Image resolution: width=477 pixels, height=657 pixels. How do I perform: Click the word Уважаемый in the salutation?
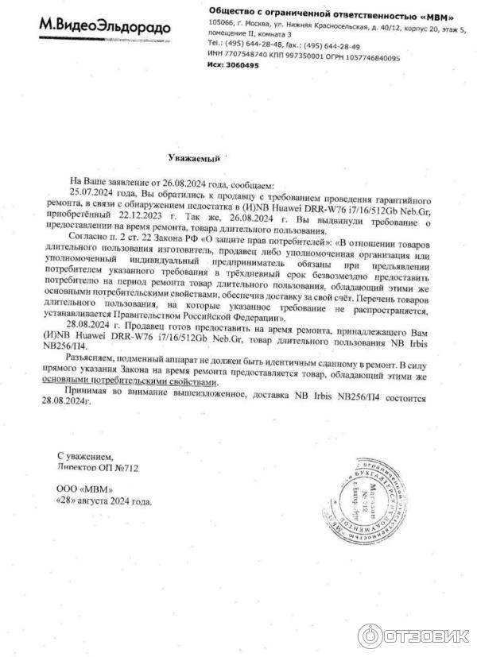194,159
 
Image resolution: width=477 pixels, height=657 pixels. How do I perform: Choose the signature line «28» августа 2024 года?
103,502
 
